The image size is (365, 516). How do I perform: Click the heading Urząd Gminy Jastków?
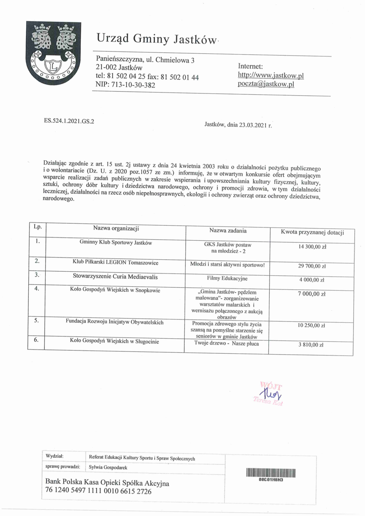156,40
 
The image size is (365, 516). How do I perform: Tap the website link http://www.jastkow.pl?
271,75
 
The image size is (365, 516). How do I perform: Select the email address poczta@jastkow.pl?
266,84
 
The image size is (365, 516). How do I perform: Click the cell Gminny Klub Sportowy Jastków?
115,243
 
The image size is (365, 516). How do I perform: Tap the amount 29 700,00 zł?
312,266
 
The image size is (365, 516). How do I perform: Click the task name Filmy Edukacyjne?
228,278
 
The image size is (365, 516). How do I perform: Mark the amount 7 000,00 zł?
312,294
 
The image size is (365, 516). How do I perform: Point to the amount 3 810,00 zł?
312,345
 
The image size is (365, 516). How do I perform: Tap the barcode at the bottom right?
271,472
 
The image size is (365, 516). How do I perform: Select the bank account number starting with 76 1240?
99,492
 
